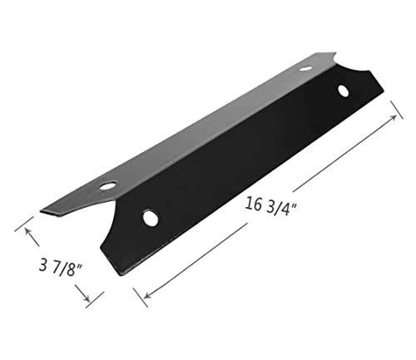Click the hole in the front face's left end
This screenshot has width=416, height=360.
(x=151, y=218)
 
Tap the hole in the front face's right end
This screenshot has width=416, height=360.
(x=342, y=90)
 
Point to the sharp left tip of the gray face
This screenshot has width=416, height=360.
(x=41, y=210)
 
